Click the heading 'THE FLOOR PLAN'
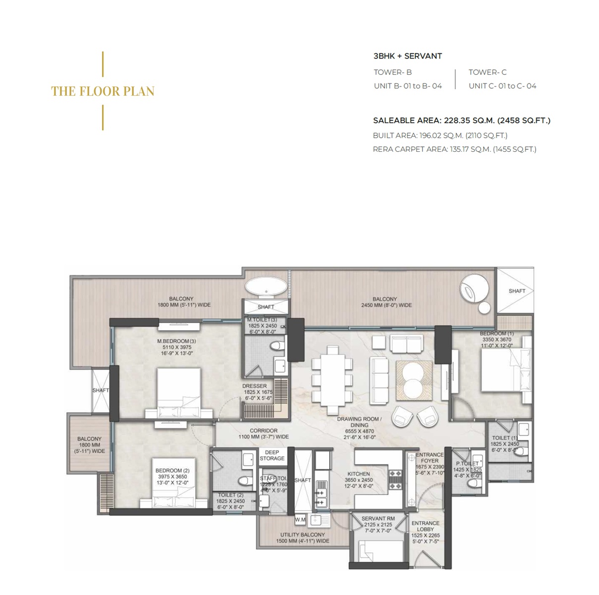click(x=103, y=91)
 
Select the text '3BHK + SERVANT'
click(x=407, y=56)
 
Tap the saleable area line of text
click(x=461, y=120)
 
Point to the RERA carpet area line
click(x=454, y=149)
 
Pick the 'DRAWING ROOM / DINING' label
click(x=359, y=422)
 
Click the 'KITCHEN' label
click(x=358, y=474)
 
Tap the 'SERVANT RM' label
click(x=377, y=518)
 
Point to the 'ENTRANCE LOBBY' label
click(x=425, y=526)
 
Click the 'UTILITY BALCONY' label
click(x=302, y=535)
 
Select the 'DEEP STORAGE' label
click(x=272, y=455)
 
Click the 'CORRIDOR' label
click(x=263, y=430)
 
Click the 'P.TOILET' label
click(x=467, y=464)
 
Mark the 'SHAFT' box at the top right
click(x=516, y=291)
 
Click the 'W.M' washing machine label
click(x=300, y=520)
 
